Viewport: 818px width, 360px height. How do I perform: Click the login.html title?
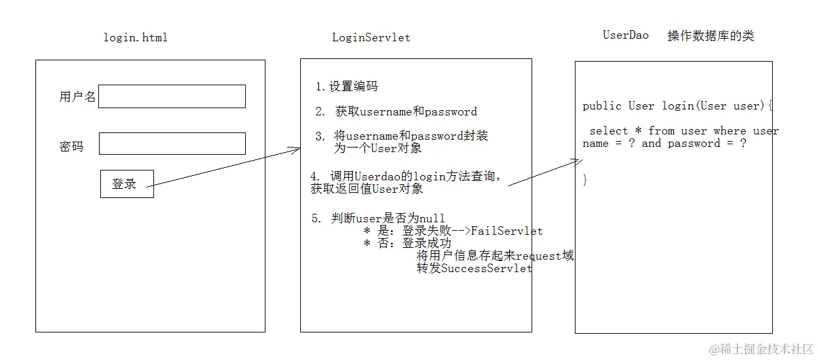pos(136,37)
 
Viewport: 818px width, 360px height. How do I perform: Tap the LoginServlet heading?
pos(371,37)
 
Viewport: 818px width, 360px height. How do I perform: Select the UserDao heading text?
pos(625,35)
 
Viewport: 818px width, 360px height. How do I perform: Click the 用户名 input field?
pos(172,96)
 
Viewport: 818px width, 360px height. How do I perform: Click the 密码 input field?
pos(172,144)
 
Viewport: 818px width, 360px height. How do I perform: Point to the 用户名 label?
pos(77,98)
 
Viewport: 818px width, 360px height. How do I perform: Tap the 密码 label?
pos(71,147)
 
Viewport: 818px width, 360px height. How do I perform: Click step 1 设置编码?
pos(346,87)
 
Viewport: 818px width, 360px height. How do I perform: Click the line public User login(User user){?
pos(678,106)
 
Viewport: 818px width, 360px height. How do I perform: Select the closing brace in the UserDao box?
pos(585,180)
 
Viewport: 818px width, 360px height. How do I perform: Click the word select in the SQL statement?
pos(609,131)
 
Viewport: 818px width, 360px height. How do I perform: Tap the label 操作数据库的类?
pos(711,36)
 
